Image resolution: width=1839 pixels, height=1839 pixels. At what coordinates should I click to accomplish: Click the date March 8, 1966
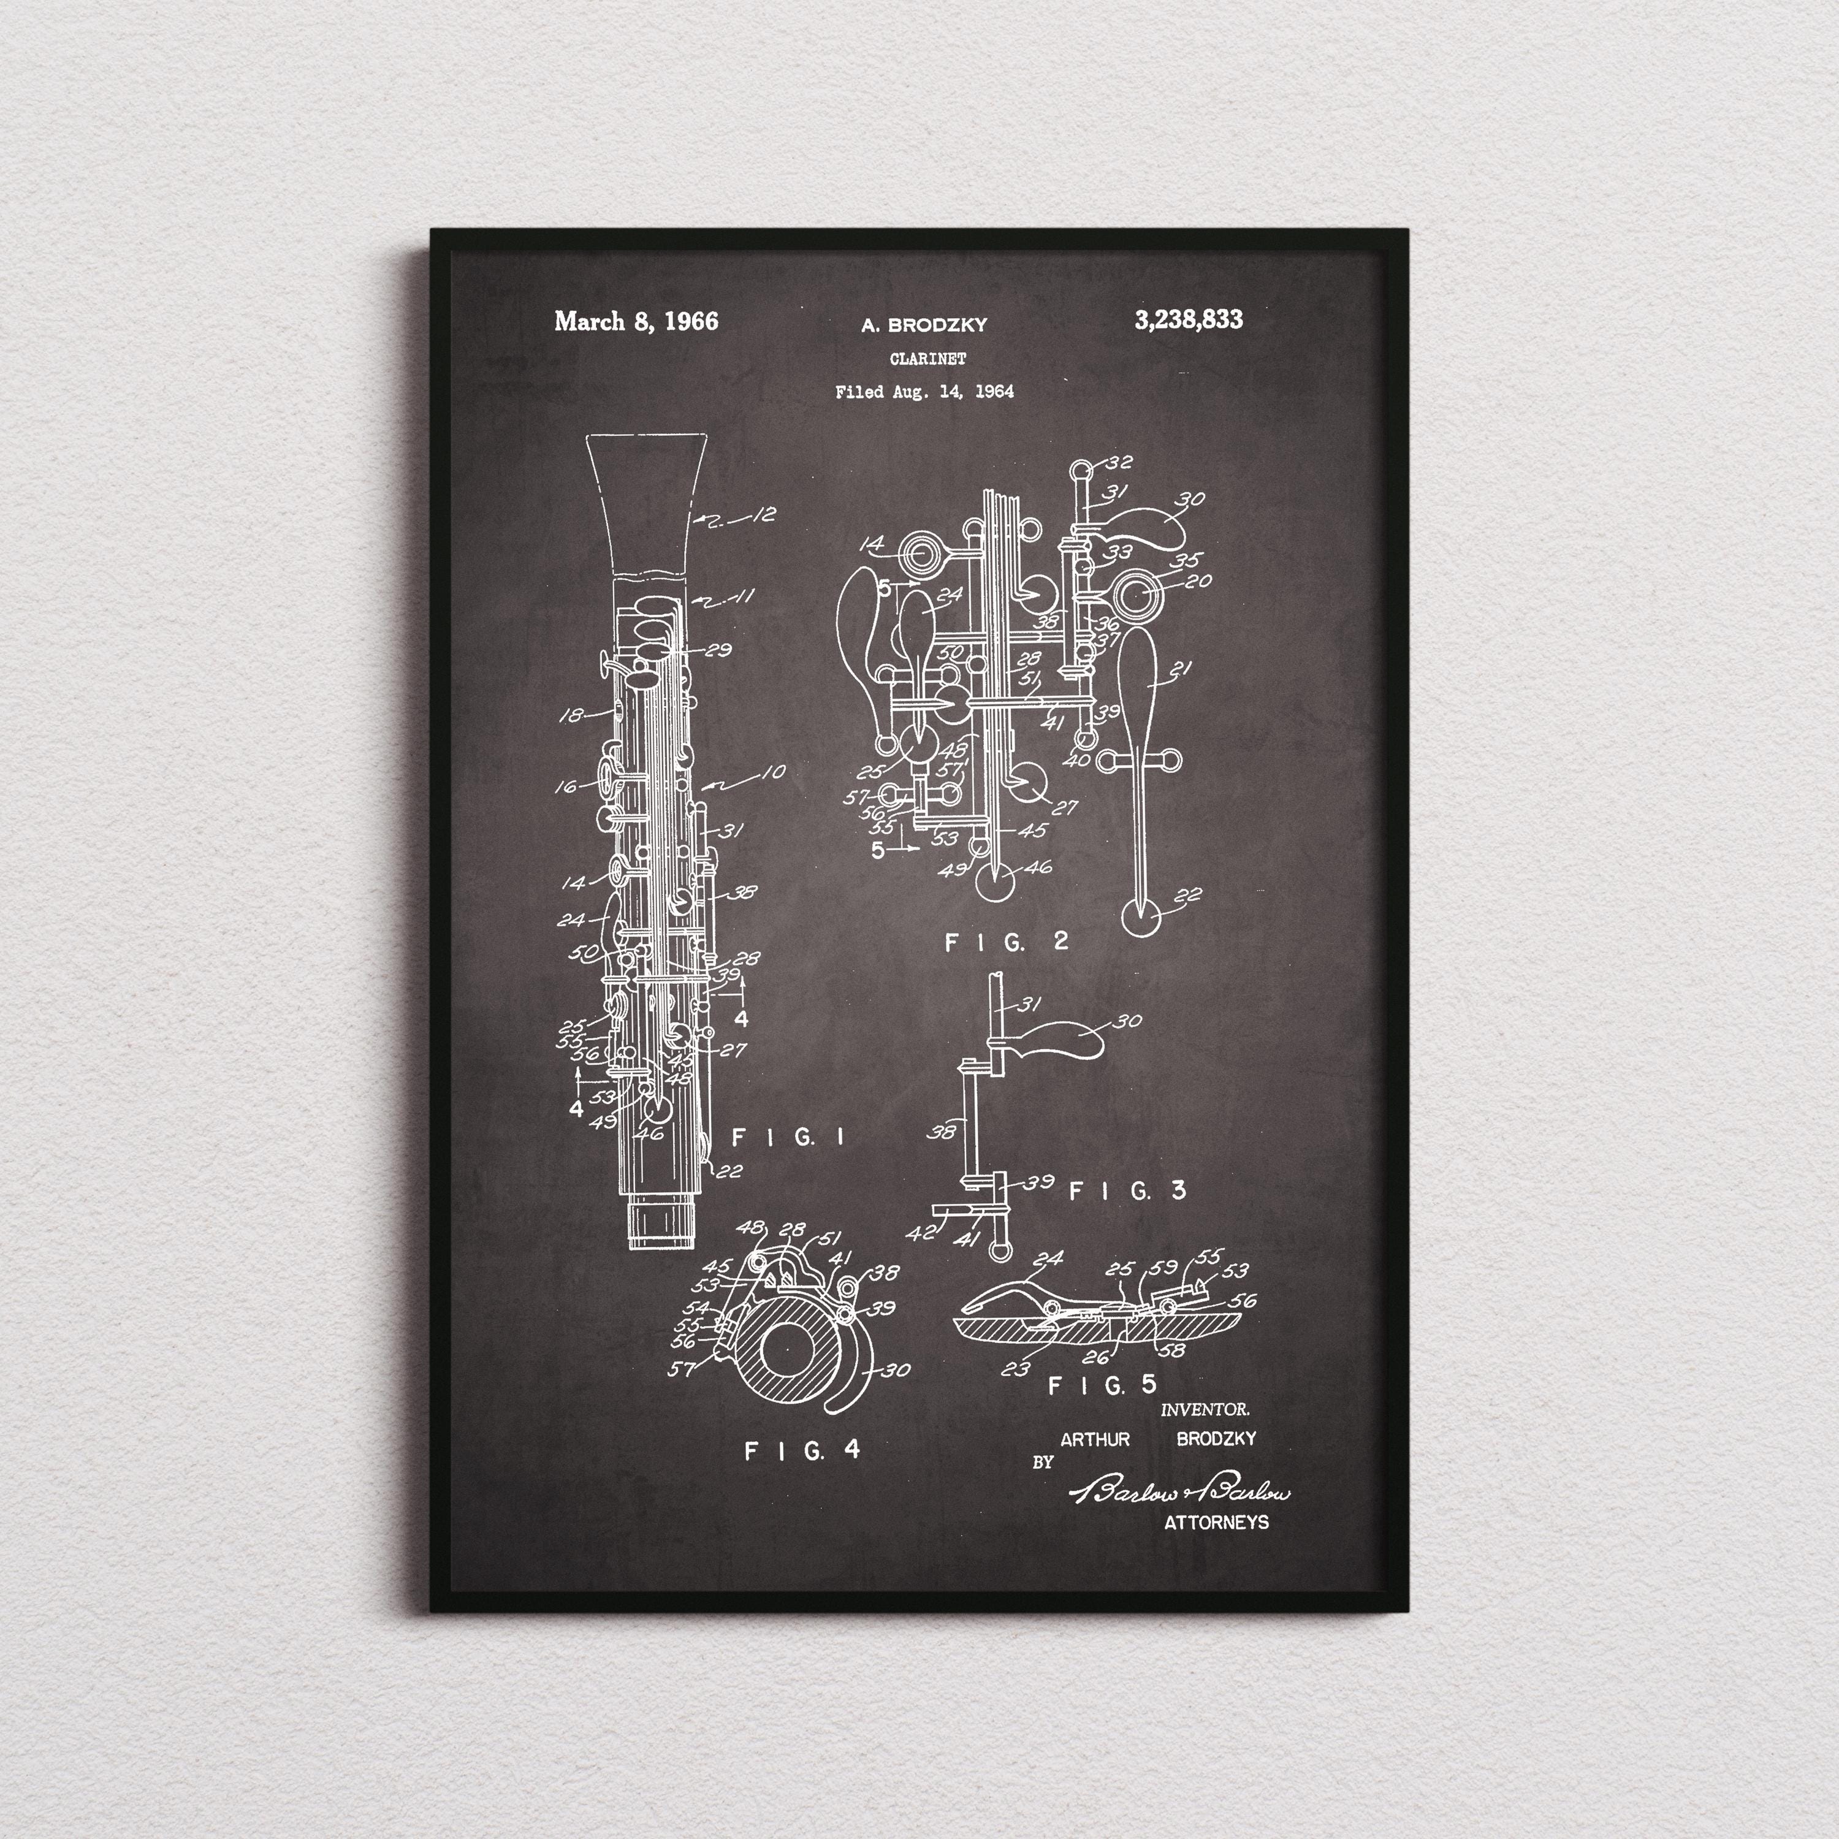click(x=636, y=321)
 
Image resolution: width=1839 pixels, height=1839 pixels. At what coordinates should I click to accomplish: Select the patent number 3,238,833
click(x=1188, y=320)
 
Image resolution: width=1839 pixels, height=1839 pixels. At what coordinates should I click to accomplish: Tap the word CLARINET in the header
click(x=927, y=359)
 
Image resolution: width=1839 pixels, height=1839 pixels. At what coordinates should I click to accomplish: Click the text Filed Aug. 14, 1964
click(x=924, y=391)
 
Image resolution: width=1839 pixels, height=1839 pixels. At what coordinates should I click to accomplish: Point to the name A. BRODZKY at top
click(x=924, y=326)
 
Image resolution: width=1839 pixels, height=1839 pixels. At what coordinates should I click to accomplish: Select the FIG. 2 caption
click(x=1006, y=942)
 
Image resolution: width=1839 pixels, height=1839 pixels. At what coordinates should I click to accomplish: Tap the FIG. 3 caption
click(x=1128, y=1191)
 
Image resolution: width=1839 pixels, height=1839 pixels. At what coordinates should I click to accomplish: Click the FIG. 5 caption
click(x=1102, y=1385)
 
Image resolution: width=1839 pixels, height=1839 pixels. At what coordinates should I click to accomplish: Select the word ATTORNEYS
click(x=1216, y=1522)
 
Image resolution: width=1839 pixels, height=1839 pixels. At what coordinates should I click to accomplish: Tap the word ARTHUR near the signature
click(x=1095, y=1439)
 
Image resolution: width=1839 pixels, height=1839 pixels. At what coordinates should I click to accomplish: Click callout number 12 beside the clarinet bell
click(x=763, y=515)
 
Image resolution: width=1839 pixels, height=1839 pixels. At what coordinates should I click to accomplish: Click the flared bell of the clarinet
click(x=647, y=504)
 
